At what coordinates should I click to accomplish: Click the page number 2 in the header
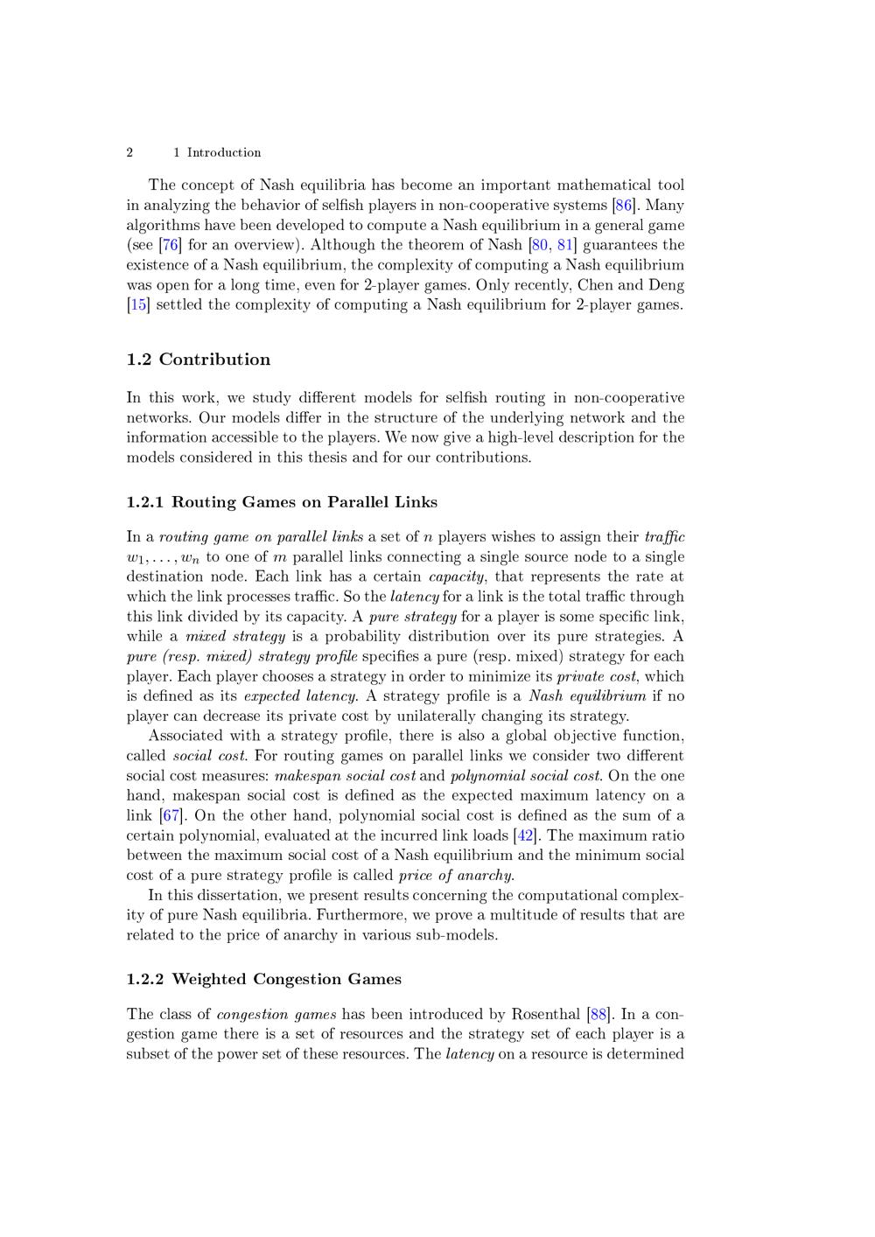(x=129, y=152)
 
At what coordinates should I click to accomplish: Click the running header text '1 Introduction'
(x=217, y=152)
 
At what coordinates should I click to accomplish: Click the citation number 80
(x=540, y=245)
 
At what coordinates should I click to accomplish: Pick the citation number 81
(x=565, y=245)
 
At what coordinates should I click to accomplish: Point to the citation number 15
(x=138, y=305)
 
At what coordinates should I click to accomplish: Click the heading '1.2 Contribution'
(x=199, y=360)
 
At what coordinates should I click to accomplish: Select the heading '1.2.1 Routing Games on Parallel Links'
(x=282, y=502)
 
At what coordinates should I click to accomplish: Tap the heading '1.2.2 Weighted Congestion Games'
(x=263, y=979)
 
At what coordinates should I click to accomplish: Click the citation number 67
(x=171, y=816)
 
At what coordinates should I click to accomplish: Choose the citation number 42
(x=526, y=836)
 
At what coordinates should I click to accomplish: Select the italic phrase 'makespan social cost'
(x=345, y=776)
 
